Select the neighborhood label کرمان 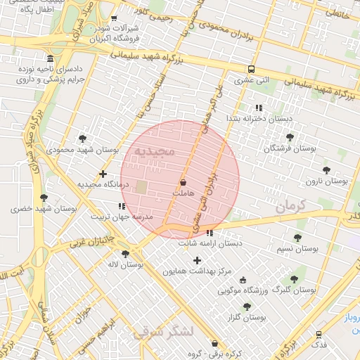292,207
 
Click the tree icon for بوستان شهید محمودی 83,139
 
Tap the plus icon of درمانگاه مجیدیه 103,173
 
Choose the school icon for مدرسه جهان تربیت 122,207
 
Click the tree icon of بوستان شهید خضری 44,198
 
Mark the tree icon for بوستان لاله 125,254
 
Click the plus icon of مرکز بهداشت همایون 197,260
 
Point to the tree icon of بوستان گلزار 246,307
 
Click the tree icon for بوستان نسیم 297,238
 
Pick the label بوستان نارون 326,181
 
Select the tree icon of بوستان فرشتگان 290,137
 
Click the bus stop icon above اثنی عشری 252,69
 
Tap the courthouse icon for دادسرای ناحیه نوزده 49,58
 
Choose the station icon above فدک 319,335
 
